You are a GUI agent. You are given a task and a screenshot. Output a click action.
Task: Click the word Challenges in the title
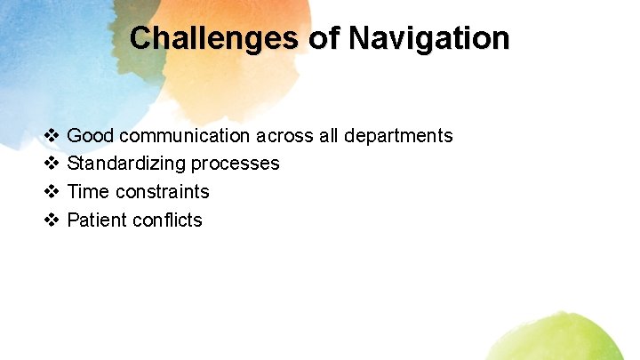pyautogui.click(x=214, y=38)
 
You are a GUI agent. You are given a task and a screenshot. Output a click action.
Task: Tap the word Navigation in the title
pyautogui.click(x=429, y=38)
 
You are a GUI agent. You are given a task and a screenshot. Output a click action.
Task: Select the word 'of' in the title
pyautogui.click(x=324, y=38)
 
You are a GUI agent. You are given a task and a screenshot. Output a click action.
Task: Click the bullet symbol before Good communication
pyautogui.click(x=52, y=136)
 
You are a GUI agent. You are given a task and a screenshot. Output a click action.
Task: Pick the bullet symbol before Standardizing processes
pyautogui.click(x=52, y=164)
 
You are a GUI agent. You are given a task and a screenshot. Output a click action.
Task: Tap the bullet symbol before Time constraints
pyautogui.click(x=52, y=192)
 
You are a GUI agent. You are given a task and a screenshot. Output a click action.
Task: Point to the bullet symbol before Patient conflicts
pyautogui.click(x=52, y=220)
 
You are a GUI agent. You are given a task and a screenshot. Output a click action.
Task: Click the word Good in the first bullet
pyautogui.click(x=90, y=136)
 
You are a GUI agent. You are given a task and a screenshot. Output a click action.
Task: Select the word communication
pyautogui.click(x=184, y=136)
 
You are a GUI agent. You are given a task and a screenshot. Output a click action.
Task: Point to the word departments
pyautogui.click(x=398, y=136)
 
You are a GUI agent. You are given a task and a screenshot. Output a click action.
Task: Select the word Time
pyautogui.click(x=87, y=192)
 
